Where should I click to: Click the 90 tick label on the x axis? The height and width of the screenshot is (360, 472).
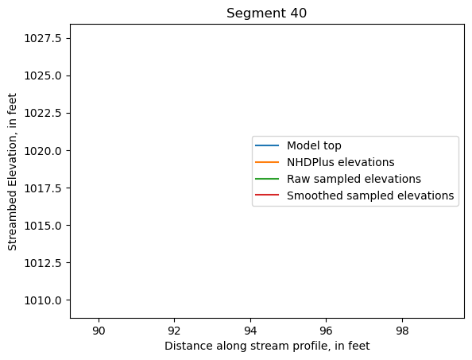[x=99, y=330]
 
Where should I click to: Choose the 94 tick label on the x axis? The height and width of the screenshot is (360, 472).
[x=250, y=330]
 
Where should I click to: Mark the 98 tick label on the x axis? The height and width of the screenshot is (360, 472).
[x=402, y=330]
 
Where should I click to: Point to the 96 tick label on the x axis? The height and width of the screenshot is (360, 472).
[x=327, y=330]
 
